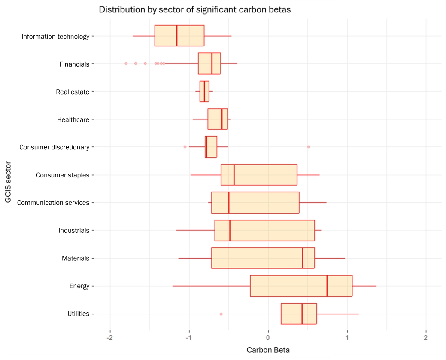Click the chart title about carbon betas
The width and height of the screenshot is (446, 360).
tap(195, 9)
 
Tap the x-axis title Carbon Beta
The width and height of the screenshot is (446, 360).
tap(268, 350)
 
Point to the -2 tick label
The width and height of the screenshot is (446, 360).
tap(110, 335)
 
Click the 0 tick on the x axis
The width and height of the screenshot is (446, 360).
tap(268, 335)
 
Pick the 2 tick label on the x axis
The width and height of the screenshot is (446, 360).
tap(426, 335)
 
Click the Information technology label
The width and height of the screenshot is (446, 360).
tap(55, 36)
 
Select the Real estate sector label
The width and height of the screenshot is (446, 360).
tap(73, 92)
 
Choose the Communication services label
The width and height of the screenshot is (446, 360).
tap(53, 202)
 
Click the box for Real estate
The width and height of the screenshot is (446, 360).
tap(204, 92)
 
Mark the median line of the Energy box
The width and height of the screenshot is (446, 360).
tap(327, 286)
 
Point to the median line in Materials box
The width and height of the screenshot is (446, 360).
tap(303, 258)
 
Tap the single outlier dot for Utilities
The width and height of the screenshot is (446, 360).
tap(221, 314)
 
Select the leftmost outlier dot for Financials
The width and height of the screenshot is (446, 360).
tap(126, 64)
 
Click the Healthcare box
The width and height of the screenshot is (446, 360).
tap(217, 119)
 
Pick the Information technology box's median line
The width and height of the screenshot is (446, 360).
tap(177, 36)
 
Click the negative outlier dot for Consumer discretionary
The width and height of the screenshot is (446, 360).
tap(185, 147)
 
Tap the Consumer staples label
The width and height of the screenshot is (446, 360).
tap(63, 175)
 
